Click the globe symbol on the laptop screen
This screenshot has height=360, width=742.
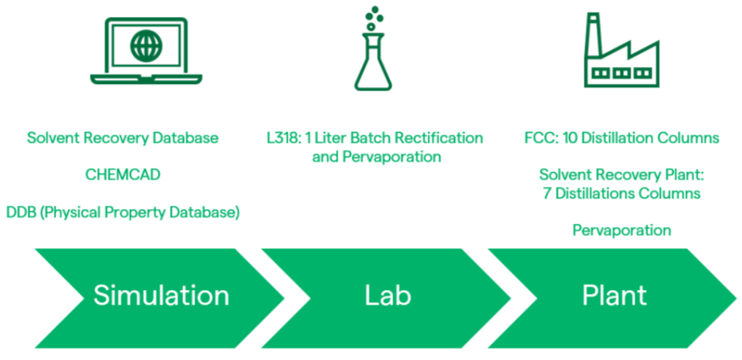(x=146, y=46)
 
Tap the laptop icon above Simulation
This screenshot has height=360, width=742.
(x=146, y=52)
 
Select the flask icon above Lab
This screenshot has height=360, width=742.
(x=374, y=48)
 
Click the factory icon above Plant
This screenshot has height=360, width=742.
(x=622, y=50)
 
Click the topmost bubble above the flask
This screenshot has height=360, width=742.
(x=375, y=9)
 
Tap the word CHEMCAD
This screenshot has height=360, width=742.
(x=123, y=175)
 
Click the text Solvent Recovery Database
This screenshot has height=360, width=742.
(x=122, y=138)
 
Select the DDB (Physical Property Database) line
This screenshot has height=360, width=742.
(x=123, y=212)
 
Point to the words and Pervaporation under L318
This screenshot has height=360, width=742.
(x=377, y=157)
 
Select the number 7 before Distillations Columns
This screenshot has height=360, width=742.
(x=547, y=194)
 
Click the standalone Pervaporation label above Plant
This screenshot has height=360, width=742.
(x=622, y=231)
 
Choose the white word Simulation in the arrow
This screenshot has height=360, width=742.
(x=161, y=295)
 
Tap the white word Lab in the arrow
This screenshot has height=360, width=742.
(x=388, y=295)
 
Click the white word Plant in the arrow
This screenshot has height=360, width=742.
(x=614, y=296)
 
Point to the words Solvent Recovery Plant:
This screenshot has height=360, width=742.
(x=622, y=175)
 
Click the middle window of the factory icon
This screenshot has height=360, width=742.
(x=622, y=73)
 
